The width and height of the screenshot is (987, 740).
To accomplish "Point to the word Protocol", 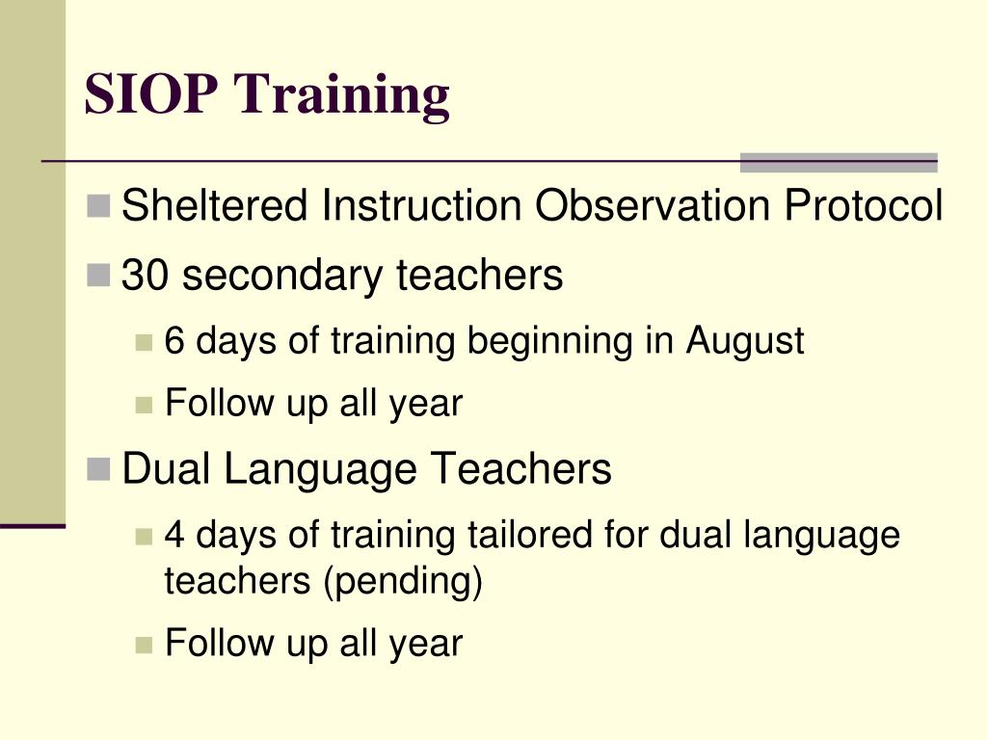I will tap(863, 205).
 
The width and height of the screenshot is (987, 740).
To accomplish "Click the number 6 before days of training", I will tap(174, 340).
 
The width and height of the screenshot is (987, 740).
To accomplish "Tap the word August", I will tap(744, 341).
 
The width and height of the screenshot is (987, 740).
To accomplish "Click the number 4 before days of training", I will tap(174, 534).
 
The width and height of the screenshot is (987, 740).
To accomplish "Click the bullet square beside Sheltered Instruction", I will tap(97, 205).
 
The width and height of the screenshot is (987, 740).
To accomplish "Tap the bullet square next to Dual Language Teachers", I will tap(97, 469).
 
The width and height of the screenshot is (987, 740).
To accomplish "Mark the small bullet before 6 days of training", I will tap(145, 341).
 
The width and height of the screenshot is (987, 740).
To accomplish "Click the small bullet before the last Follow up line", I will tap(145, 644).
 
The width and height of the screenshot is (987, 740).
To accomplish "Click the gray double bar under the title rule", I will tap(838, 163).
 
